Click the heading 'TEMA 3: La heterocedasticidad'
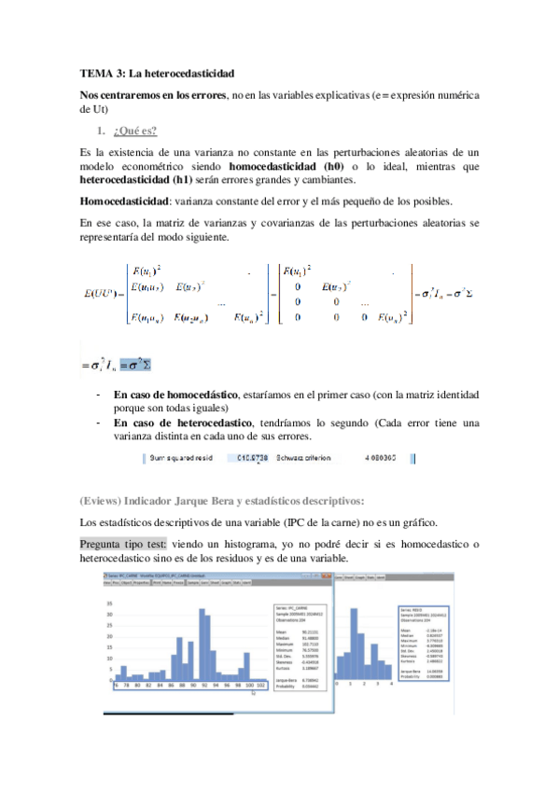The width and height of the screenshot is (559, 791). click(x=157, y=72)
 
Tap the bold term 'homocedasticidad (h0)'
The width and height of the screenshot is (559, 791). click(x=278, y=166)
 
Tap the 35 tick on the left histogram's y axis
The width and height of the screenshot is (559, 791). click(x=109, y=602)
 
